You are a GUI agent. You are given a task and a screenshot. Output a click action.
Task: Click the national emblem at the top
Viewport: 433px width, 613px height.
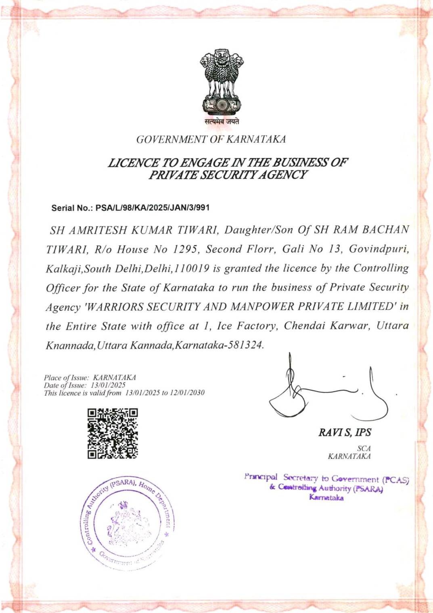click(222, 82)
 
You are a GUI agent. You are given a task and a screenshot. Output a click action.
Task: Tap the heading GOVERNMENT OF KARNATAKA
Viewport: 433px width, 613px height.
click(211, 139)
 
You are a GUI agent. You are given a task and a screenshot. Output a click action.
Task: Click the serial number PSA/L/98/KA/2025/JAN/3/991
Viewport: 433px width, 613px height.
click(153, 208)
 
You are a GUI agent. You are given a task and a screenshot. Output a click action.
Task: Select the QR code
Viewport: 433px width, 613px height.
click(113, 434)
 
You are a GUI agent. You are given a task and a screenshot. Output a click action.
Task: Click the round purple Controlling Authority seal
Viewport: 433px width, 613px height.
click(128, 524)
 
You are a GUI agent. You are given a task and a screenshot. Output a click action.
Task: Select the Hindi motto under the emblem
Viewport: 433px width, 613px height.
click(222, 121)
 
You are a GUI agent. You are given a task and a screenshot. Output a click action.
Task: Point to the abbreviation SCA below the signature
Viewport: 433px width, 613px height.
click(364, 448)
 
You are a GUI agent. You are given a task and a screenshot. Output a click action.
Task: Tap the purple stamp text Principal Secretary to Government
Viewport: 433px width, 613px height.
click(311, 478)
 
